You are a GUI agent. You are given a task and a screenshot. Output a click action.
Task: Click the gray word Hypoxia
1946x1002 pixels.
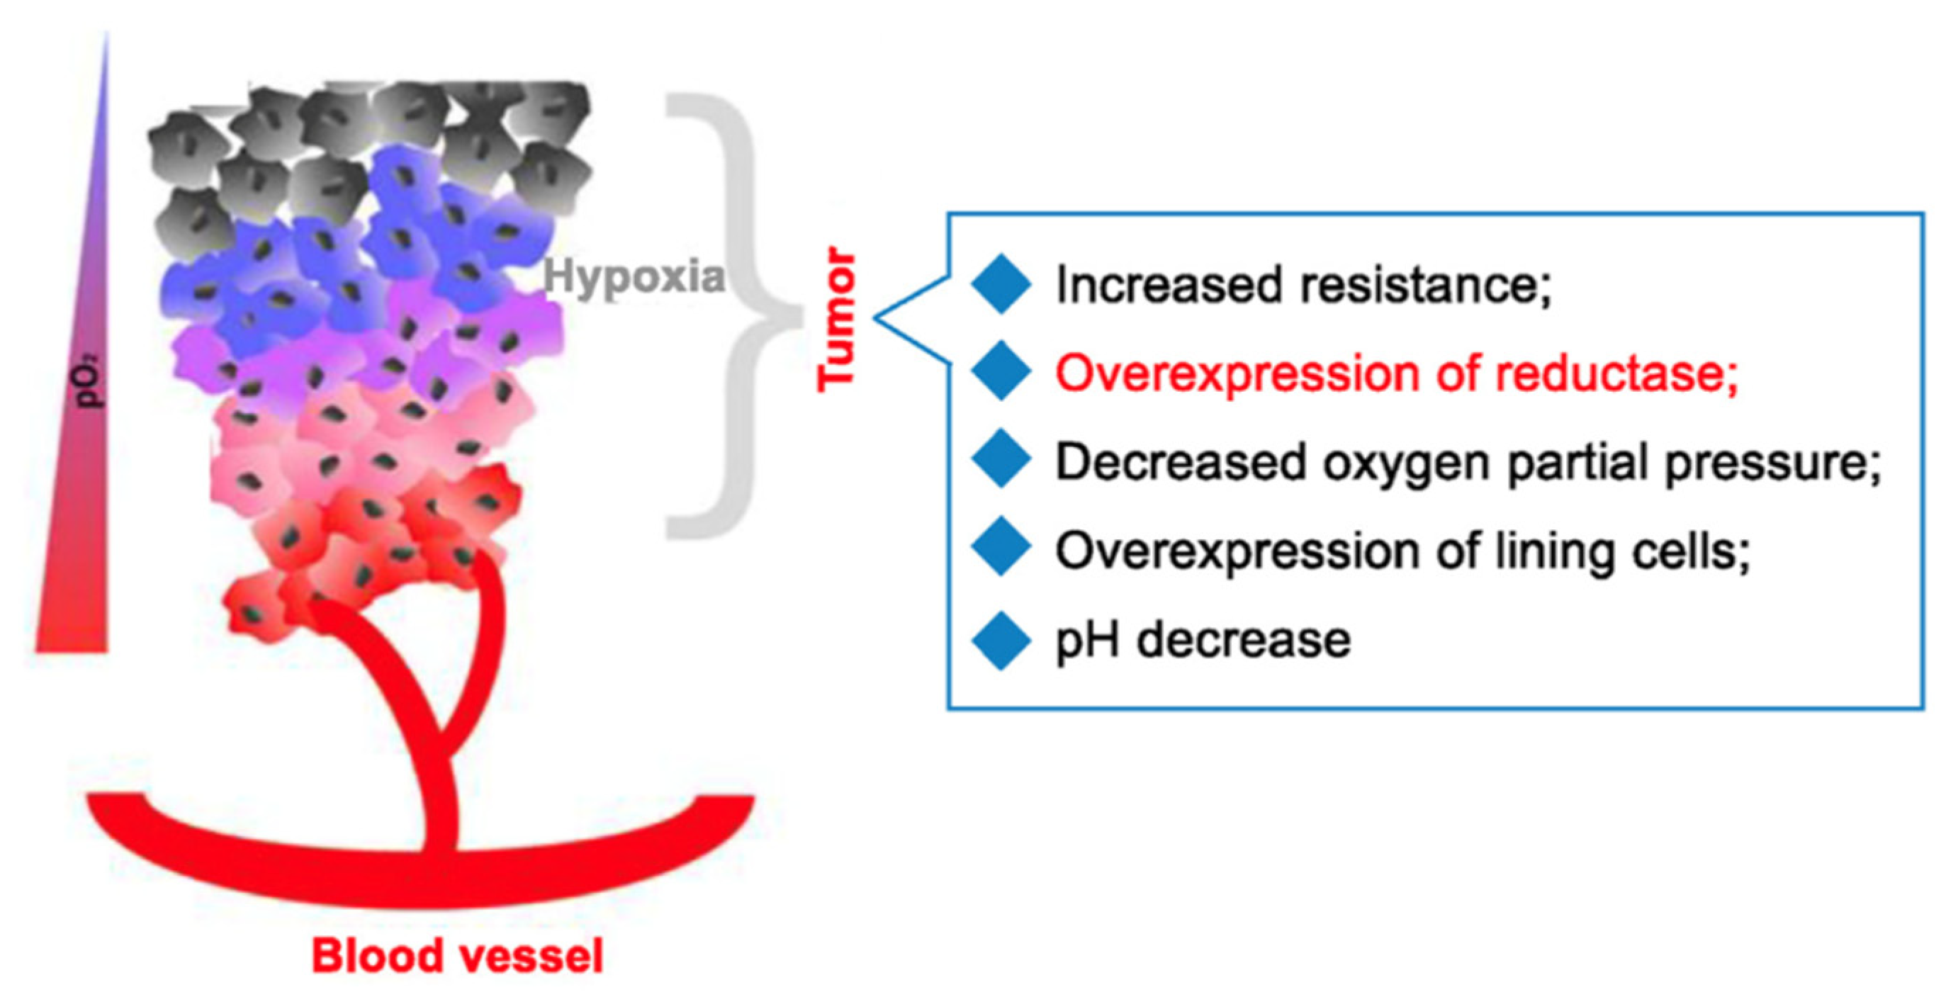coord(634,277)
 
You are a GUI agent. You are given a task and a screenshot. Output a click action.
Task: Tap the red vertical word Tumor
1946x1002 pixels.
coord(837,320)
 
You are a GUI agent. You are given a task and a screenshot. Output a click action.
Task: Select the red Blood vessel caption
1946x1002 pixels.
coord(458,955)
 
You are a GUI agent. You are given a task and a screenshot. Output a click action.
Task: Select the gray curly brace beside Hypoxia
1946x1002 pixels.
coord(736,317)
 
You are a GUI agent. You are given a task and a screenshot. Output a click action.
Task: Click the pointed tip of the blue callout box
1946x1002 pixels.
coord(877,317)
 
